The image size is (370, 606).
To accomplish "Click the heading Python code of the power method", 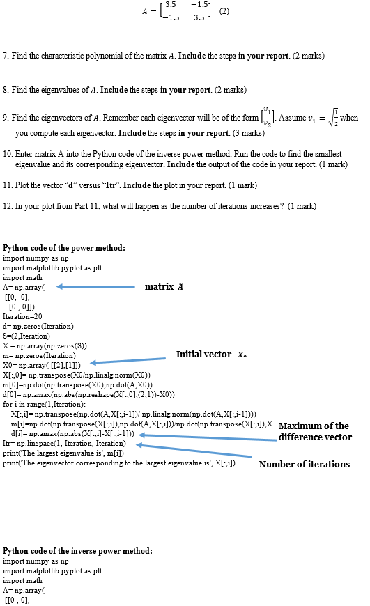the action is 64,248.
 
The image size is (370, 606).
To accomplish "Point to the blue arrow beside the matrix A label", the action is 95,286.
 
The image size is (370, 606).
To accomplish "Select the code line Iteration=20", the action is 23,316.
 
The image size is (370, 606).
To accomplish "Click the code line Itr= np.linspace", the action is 64,443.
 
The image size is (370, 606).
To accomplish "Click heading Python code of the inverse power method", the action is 77,550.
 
